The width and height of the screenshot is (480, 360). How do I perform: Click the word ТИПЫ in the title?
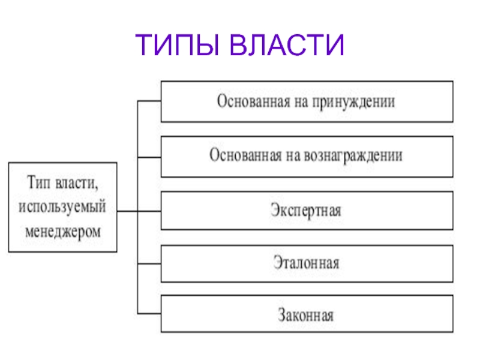click(177, 44)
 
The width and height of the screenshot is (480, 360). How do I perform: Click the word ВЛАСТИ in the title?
click(287, 44)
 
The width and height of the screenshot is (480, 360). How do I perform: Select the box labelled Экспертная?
click(307, 211)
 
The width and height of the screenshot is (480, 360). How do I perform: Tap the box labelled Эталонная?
click(307, 263)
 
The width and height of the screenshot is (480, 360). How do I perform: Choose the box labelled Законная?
click(307, 314)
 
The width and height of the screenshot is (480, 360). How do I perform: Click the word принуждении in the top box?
click(353, 102)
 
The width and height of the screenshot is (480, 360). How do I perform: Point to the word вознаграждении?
click(353, 156)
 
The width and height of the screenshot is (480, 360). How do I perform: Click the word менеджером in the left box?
click(63, 232)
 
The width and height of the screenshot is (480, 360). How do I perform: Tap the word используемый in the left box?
click(62, 207)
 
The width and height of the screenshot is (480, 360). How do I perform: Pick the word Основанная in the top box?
click(253, 101)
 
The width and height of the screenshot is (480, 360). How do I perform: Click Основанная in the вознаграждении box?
click(245, 155)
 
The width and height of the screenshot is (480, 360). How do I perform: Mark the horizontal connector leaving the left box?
click(139, 211)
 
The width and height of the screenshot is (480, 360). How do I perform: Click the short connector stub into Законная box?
click(149, 313)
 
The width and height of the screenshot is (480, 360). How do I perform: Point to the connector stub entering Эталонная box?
click(149, 263)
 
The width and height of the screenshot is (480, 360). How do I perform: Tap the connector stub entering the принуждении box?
click(149, 101)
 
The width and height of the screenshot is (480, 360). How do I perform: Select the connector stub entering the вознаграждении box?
click(149, 157)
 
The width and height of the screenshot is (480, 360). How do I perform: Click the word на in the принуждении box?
click(301, 103)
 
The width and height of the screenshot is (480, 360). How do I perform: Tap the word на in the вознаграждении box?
click(293, 157)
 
